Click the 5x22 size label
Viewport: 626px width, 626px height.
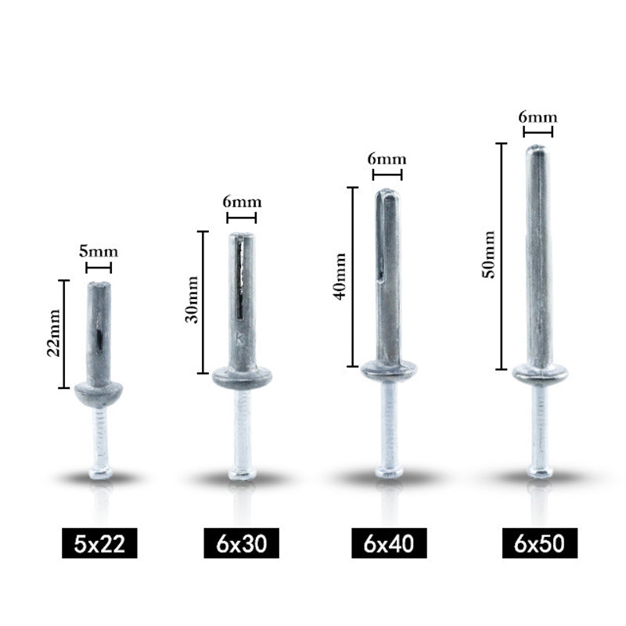99,543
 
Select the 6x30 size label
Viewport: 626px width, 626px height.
241,543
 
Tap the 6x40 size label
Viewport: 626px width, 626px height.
389,543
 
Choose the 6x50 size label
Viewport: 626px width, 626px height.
540,543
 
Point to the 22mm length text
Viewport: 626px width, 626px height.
53,333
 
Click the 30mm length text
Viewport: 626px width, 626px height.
192,299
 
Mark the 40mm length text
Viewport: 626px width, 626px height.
340,276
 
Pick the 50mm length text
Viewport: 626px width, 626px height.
488,254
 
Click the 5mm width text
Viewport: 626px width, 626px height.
99,252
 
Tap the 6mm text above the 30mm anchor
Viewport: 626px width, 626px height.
242,202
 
